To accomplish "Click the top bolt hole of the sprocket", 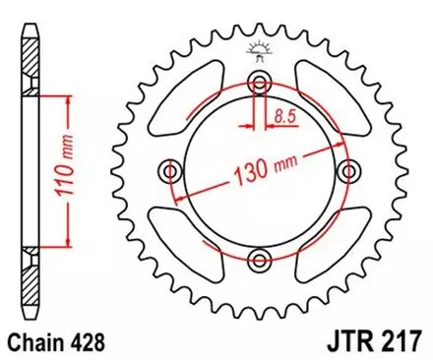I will pyautogui.click(x=260, y=83).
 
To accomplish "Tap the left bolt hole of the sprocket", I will pyautogui.click(x=173, y=172).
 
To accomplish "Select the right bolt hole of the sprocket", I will pyautogui.click(x=347, y=172).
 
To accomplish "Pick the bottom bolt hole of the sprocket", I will pyautogui.click(x=260, y=260).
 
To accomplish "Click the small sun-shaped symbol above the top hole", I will pyautogui.click(x=260, y=50).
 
